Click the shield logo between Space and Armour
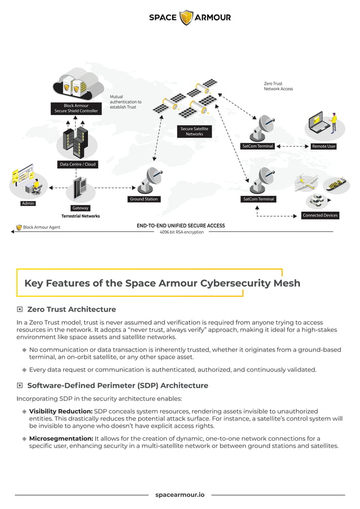point(186,17)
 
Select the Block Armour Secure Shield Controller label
point(76,108)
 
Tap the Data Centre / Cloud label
point(77,164)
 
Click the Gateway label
point(80,208)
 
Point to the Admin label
point(28,203)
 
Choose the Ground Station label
point(144,199)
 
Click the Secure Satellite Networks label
point(194,131)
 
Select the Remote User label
point(323,146)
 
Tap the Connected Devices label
point(320,216)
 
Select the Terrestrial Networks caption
point(81,216)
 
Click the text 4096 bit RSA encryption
point(181,232)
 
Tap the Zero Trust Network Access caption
point(278,86)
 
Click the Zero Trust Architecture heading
point(72,309)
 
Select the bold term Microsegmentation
point(61,438)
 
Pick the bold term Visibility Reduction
point(60,411)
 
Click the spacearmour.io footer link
point(180,495)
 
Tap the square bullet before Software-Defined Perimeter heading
point(20,385)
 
